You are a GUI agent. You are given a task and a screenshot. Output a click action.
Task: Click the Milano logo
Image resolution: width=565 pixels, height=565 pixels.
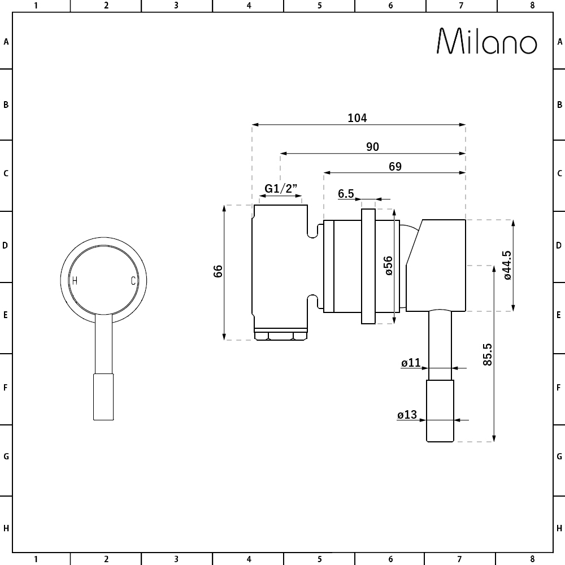(x=487, y=42)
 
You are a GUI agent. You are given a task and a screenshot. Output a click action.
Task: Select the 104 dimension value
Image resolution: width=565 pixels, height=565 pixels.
(x=357, y=118)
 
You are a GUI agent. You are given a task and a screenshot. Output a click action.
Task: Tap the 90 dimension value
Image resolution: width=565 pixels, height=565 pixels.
(x=372, y=147)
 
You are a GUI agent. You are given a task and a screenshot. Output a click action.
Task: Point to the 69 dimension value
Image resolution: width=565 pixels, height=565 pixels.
(x=395, y=166)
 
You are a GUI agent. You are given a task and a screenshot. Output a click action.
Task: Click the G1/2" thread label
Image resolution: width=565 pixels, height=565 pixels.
(x=281, y=189)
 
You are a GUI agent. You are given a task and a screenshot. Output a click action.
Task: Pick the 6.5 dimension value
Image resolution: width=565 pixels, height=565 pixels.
(x=346, y=194)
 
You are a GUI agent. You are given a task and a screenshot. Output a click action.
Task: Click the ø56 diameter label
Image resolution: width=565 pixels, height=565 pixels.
(x=388, y=266)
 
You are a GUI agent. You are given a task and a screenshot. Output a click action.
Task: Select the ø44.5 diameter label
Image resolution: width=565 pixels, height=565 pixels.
(x=507, y=266)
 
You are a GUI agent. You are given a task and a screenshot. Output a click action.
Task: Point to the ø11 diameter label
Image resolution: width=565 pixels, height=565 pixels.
(x=411, y=363)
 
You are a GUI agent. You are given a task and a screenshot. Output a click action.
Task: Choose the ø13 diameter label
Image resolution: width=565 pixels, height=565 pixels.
(x=407, y=415)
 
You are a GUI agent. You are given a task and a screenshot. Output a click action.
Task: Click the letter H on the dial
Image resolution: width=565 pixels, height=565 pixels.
(x=75, y=280)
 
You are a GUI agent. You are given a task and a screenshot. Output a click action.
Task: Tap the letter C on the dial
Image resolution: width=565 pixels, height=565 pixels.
(x=133, y=280)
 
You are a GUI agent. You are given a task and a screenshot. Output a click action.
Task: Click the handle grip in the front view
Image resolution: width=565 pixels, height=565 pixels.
(x=103, y=397)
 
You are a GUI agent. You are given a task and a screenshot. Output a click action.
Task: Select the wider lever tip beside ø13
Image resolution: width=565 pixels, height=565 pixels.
(x=440, y=411)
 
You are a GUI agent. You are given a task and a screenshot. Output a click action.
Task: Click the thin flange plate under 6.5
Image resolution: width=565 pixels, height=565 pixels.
(x=368, y=266)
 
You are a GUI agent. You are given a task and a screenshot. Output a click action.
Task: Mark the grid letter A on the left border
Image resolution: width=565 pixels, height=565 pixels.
(x=6, y=41)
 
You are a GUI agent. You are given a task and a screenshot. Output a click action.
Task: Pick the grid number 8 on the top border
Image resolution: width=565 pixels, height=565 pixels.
(x=532, y=6)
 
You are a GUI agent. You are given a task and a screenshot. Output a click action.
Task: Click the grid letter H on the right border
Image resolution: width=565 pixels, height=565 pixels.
(x=559, y=529)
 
